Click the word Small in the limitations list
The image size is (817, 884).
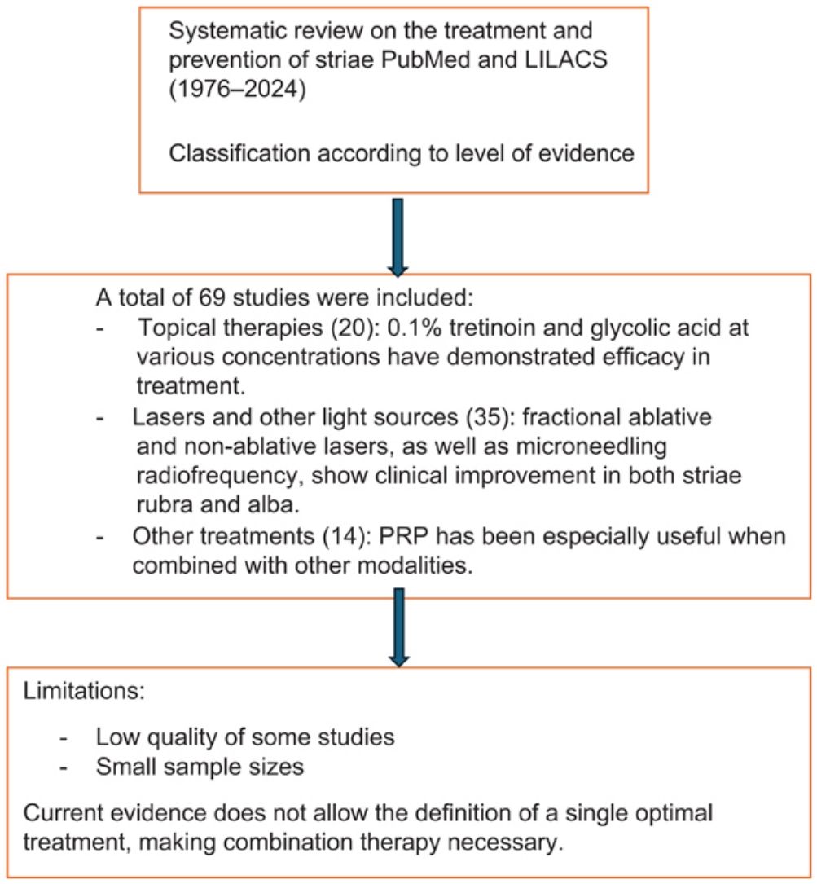pyautogui.click(x=125, y=767)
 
